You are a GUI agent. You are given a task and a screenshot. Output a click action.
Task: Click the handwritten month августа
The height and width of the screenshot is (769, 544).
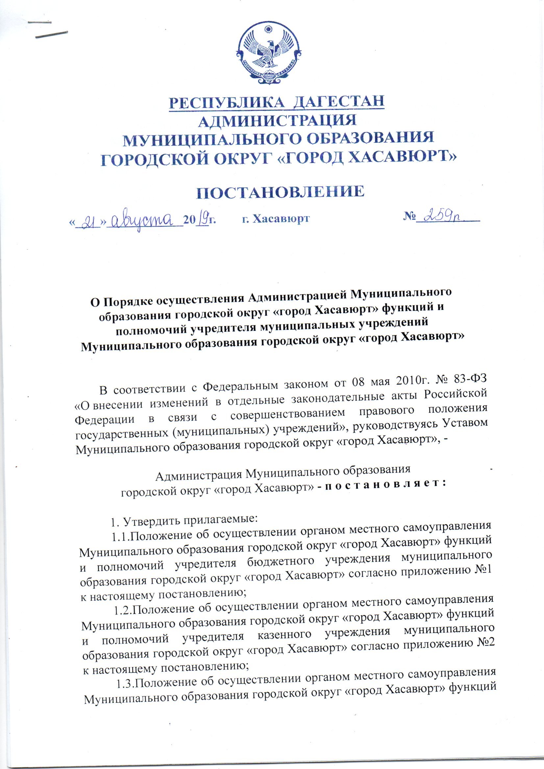145,220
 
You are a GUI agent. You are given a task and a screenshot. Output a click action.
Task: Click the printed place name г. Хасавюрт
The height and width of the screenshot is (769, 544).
275,219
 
